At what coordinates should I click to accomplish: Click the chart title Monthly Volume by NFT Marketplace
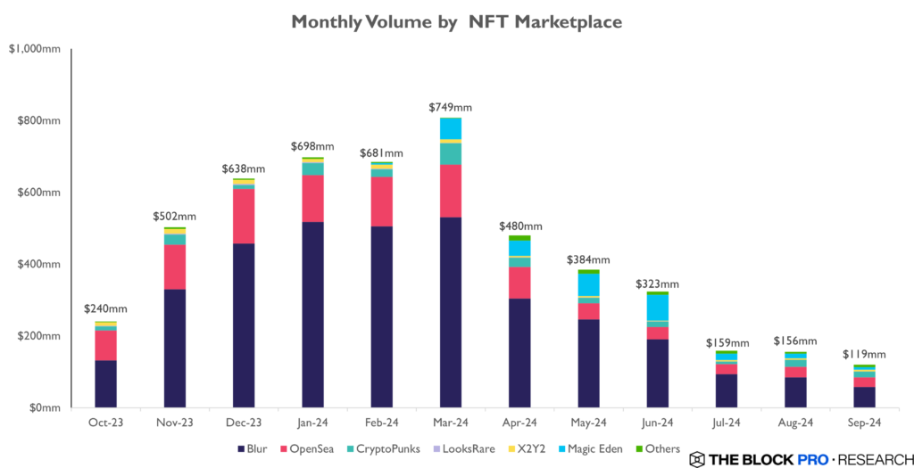457,21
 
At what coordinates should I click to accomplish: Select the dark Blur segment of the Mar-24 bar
451,312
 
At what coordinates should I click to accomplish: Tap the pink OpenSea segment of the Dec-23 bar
244,216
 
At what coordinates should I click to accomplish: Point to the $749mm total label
451,108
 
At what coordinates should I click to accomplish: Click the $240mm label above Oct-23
106,309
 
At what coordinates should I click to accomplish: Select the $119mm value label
865,354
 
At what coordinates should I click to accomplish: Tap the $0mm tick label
42,408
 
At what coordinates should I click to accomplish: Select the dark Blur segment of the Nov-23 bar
175,349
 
